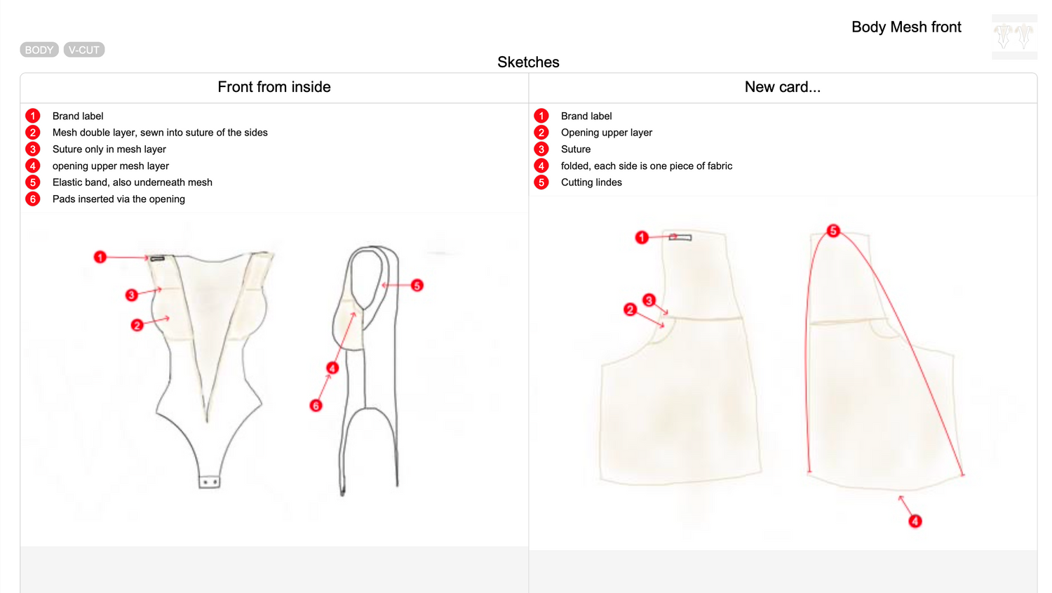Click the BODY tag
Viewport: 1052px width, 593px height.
[39, 50]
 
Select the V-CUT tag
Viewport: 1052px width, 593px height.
[84, 50]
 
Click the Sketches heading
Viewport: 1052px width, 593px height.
[528, 62]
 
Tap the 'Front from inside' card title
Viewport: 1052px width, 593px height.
[274, 87]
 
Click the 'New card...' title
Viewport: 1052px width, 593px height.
[782, 87]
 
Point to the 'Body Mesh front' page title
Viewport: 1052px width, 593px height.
[906, 27]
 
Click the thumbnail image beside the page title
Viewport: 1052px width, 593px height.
[1014, 36]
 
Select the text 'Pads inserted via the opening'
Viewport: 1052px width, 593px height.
[119, 199]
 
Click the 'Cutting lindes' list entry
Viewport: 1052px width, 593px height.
[591, 182]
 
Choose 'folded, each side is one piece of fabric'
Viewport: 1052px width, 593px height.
[646, 166]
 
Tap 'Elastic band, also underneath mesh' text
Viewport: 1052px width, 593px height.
[132, 182]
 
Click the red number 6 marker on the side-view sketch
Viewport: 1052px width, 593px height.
[316, 406]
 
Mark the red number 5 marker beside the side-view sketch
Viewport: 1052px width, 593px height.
[417, 286]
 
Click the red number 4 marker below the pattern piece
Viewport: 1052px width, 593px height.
[915, 521]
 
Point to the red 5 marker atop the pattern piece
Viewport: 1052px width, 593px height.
[833, 231]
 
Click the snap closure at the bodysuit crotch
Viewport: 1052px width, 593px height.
[209, 482]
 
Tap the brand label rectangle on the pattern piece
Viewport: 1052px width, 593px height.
[680, 238]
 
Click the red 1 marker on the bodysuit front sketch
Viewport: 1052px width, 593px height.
[100, 258]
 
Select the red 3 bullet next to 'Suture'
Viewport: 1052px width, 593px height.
[541, 149]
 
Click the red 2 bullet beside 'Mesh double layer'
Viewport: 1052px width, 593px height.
[33, 133]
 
